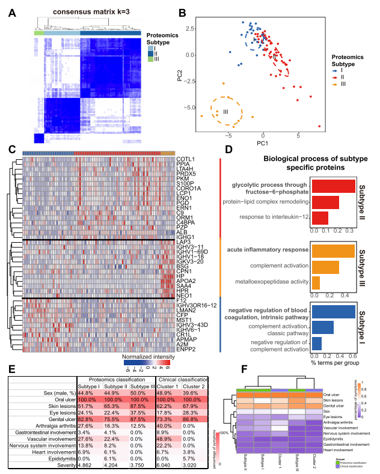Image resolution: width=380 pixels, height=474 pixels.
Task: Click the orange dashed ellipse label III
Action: pos(226,112)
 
